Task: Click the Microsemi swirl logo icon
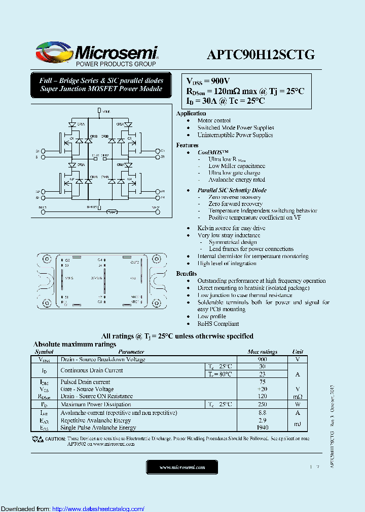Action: tap(54, 52)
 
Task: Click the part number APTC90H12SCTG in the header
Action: tap(260, 55)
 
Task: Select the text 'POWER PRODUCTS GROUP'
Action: tap(116, 64)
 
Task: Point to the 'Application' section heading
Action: tap(191, 113)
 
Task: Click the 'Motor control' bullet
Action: tap(214, 121)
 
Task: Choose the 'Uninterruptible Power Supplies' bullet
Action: tap(235, 135)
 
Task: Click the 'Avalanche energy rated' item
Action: tap(236, 180)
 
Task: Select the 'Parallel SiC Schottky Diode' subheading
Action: tap(232, 190)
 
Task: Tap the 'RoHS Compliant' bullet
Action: tap(218, 324)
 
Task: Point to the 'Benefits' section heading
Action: tap(187, 273)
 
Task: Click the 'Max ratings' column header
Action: tap(262, 352)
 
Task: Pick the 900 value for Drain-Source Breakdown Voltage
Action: tap(262, 359)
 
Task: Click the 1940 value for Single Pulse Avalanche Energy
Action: tap(262, 428)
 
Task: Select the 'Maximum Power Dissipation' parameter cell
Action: tap(95, 405)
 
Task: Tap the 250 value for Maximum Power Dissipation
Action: tap(262, 405)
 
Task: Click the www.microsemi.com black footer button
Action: tap(181, 467)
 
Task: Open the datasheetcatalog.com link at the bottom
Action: tap(98, 509)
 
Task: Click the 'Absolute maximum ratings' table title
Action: tap(75, 345)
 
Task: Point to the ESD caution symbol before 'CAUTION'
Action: tap(38, 439)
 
